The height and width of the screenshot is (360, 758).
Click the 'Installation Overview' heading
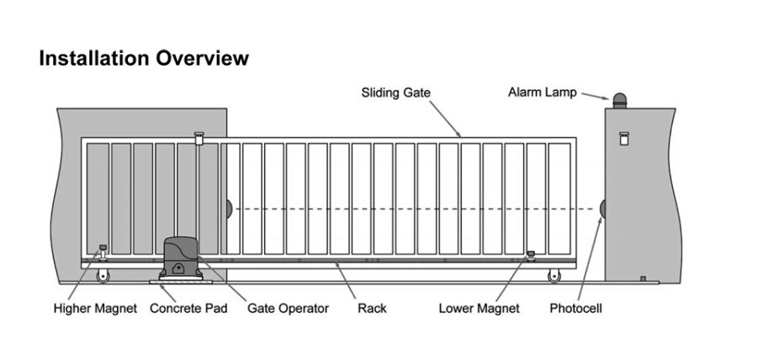pos(144,58)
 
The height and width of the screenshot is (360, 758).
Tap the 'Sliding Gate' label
pos(395,92)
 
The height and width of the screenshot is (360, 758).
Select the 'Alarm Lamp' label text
pos(542,92)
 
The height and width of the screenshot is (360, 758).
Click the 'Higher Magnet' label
pos(95,308)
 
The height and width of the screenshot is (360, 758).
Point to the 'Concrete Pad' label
pos(188,308)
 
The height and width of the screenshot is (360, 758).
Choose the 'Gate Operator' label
pos(288,308)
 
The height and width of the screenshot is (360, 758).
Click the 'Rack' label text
pos(372,308)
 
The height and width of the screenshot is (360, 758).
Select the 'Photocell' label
pos(575,308)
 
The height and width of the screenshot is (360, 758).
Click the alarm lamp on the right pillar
pos(620,100)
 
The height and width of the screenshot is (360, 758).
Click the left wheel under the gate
pos(103,277)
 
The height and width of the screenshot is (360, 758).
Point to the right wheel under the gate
pos(554,277)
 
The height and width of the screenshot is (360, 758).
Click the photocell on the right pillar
pos(602,209)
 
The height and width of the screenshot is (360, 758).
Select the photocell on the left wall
pos(230,209)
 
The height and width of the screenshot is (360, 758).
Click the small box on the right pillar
pos(623,139)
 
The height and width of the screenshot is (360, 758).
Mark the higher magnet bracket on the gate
pos(103,250)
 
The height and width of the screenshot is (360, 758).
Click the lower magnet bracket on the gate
pos(531,255)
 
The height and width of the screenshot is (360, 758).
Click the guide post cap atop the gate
pos(199,134)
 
